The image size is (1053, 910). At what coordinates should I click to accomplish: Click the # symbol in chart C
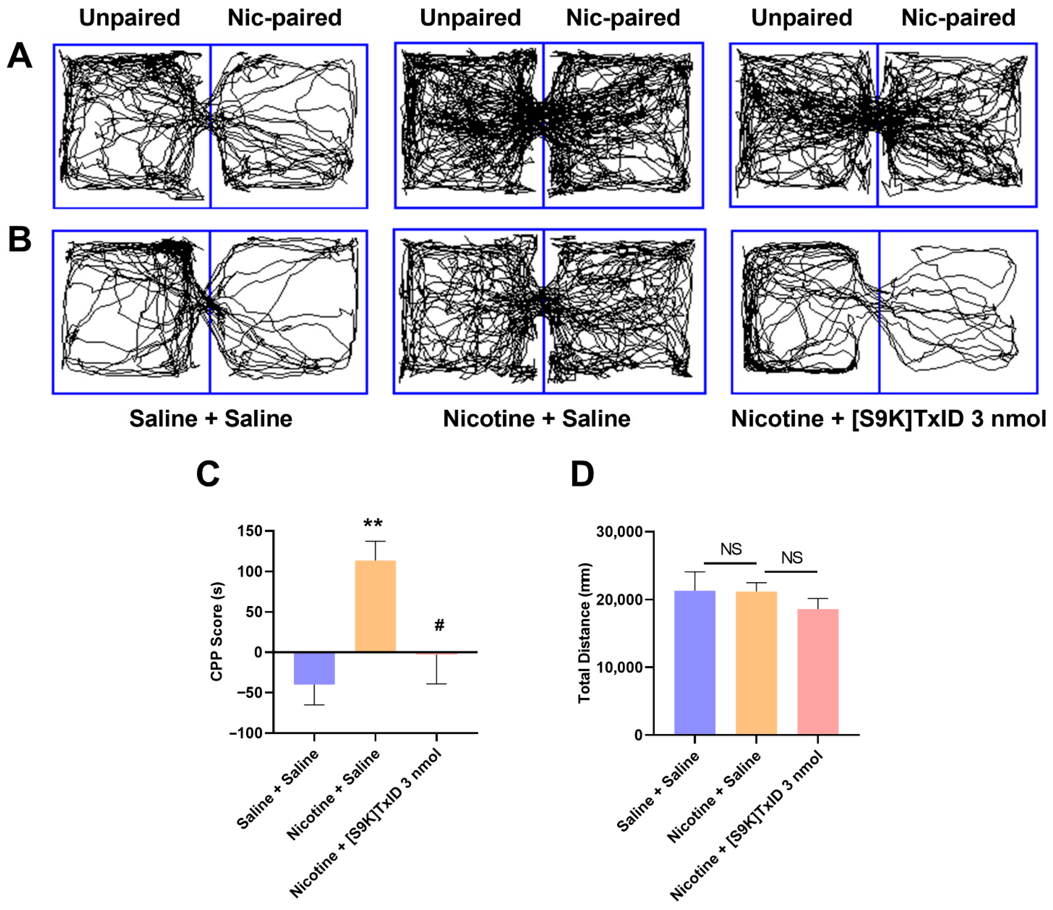439,625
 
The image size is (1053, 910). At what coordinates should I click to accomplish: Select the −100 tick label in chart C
246,733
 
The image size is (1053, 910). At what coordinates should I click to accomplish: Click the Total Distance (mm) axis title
585,633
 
